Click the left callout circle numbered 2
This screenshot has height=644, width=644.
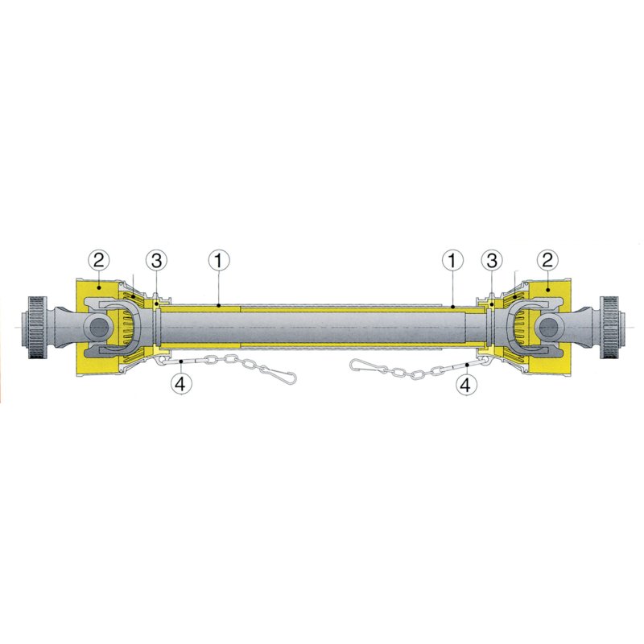(99, 260)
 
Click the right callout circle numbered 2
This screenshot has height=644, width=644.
(548, 260)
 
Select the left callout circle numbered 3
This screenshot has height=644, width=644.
(156, 260)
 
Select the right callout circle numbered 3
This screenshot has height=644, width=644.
(492, 260)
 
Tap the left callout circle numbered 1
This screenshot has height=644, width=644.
(219, 260)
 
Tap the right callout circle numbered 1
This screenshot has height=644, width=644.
(452, 260)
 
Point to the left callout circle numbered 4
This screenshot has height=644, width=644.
(180, 384)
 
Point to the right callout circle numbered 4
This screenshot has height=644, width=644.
(466, 385)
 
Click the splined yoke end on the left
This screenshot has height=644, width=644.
(36, 327)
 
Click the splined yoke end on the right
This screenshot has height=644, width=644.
(611, 327)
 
